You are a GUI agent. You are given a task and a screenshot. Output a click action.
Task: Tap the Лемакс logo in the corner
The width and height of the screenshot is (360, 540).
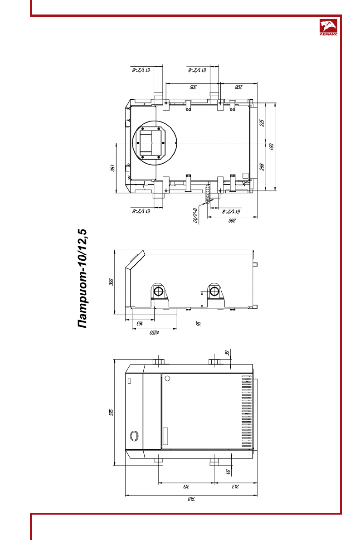[328, 27]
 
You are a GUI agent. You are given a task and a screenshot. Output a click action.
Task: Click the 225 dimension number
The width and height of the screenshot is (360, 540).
[262, 123]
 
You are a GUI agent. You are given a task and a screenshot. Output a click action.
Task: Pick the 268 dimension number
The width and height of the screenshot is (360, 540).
[262, 166]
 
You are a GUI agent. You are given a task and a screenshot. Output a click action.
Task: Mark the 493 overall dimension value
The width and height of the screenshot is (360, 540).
[272, 146]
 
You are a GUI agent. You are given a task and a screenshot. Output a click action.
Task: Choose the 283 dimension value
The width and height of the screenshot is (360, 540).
[112, 168]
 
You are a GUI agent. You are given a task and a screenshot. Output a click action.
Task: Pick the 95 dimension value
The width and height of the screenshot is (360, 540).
[198, 323]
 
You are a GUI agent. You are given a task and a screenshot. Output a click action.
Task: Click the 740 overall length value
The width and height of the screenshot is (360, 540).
[190, 499]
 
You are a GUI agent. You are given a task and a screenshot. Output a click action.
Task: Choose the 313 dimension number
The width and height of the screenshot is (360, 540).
[185, 487]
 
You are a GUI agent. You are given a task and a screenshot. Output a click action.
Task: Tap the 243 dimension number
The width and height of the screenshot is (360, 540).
[235, 487]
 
